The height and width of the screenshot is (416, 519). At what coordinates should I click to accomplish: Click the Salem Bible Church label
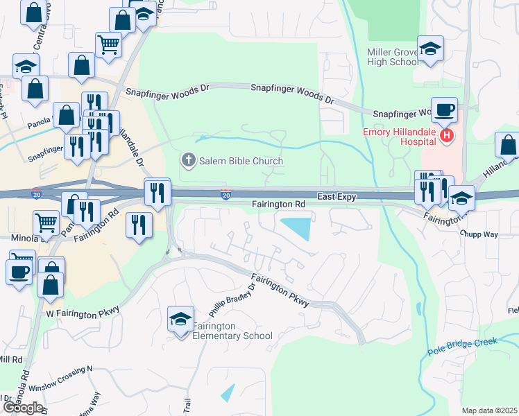pos(241,162)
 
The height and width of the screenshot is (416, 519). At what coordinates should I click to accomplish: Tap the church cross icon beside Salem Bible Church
pos(187,162)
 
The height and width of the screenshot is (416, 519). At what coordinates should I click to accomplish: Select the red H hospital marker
pos(447,136)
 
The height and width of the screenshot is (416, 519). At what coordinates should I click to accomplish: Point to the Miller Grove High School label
pos(393,57)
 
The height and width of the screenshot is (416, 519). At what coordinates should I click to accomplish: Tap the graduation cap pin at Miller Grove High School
pos(430,49)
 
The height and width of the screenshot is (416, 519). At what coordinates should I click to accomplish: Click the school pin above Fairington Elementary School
pos(181,319)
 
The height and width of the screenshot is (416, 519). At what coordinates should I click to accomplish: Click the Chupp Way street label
pos(479,234)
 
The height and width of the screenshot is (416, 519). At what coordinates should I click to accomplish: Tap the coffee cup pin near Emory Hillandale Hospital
pos(444,110)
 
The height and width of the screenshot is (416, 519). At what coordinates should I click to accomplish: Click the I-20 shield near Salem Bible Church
pos(226,195)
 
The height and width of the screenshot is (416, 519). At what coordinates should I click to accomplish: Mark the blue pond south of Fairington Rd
pos(297,227)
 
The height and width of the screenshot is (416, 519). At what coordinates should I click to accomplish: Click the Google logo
pos(23,408)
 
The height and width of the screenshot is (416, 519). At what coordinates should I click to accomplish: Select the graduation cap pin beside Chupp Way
pos(461,198)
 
